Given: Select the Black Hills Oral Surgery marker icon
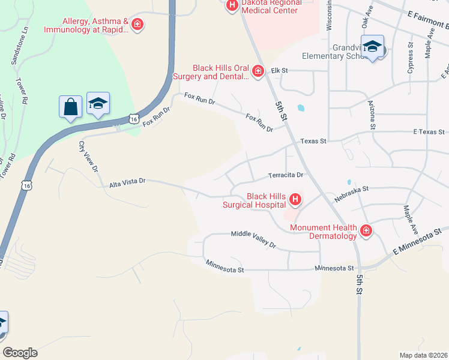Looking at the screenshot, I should [x=258, y=72].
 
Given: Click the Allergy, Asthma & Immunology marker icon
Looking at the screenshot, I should [x=137, y=25].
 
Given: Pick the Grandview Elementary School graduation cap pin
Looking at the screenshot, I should [x=372, y=46].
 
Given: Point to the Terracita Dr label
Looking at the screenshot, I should [x=286, y=175].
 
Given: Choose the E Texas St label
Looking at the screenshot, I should [x=429, y=131].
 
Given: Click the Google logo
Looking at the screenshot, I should [x=20, y=353].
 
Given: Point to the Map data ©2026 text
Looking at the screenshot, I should [x=423, y=355].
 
